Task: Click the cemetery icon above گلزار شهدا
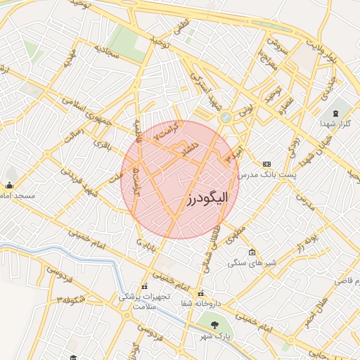[335, 112]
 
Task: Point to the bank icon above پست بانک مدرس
[266, 162]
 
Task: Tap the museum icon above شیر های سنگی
[252, 252]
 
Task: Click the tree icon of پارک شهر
[214, 325]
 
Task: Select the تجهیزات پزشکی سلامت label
[143, 302]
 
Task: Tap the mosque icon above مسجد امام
[8, 186]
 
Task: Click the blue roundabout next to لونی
[226, 117]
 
